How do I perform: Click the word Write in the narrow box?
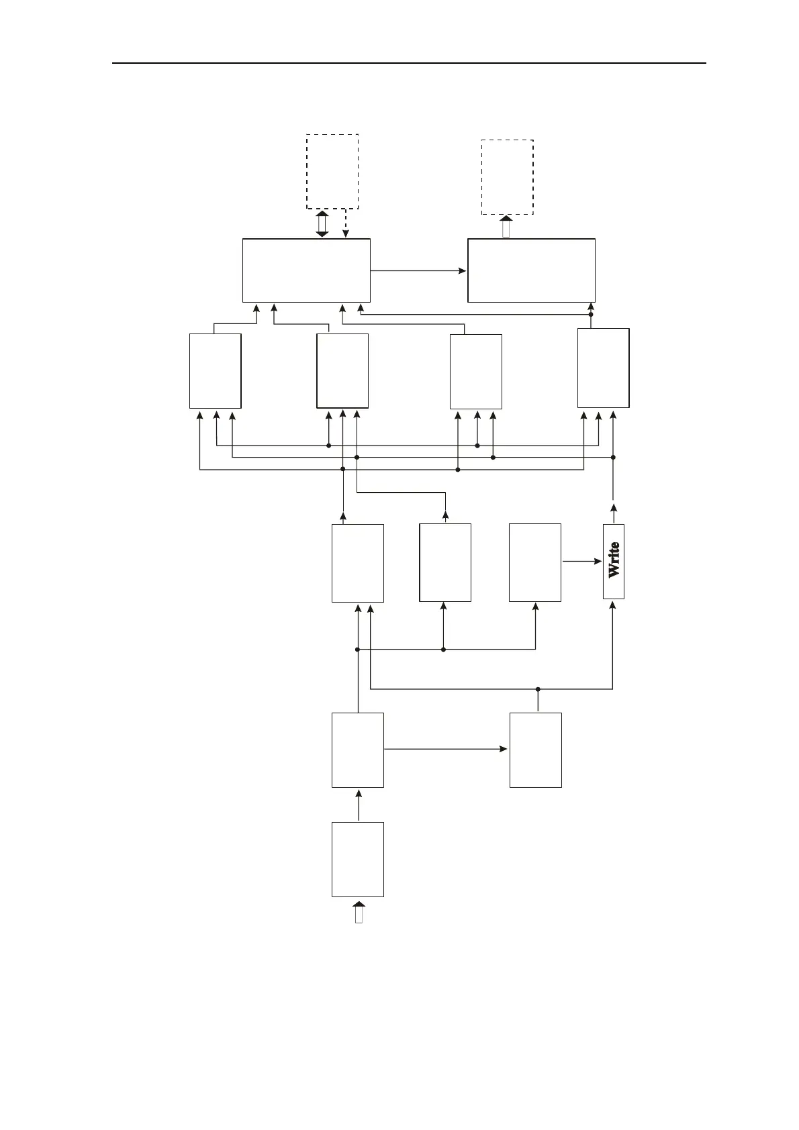614,561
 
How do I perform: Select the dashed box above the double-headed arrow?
332,171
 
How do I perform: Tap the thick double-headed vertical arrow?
322,223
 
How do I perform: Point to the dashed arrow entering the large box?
345,223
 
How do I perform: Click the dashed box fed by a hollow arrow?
508,177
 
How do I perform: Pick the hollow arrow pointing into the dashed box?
507,226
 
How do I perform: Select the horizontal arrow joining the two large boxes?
418,271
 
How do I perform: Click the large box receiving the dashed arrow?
306,270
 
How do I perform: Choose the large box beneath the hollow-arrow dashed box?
531,270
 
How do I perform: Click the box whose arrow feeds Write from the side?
535,562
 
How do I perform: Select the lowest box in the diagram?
358,859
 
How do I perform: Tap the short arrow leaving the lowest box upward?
359,805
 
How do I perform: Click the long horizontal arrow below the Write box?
446,748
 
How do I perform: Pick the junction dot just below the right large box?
591,314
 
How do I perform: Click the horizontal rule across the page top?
409,63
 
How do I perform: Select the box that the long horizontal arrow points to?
535,750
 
